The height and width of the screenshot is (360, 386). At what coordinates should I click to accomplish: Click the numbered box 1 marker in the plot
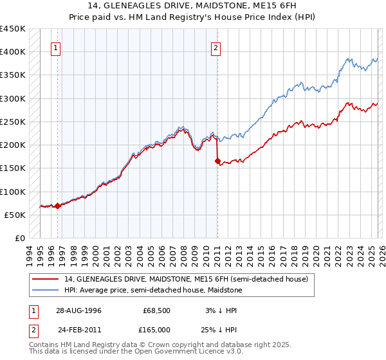click(56, 48)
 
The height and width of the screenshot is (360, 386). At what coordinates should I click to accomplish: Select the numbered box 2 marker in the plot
click(216, 48)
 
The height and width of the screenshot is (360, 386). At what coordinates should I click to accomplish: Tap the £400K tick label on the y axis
click(13, 52)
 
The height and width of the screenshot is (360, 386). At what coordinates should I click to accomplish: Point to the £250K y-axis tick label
click(13, 122)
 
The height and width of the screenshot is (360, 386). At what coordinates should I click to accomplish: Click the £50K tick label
click(15, 215)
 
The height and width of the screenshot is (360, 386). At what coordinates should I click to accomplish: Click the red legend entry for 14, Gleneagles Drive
click(187, 279)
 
